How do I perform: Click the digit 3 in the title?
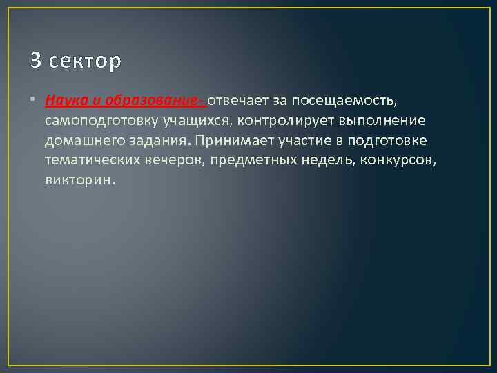pos(35,61)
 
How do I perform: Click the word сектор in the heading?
pos(84,61)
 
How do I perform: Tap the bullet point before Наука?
pos(34,101)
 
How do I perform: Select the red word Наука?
pos(64,101)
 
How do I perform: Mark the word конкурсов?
pos(404,161)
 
